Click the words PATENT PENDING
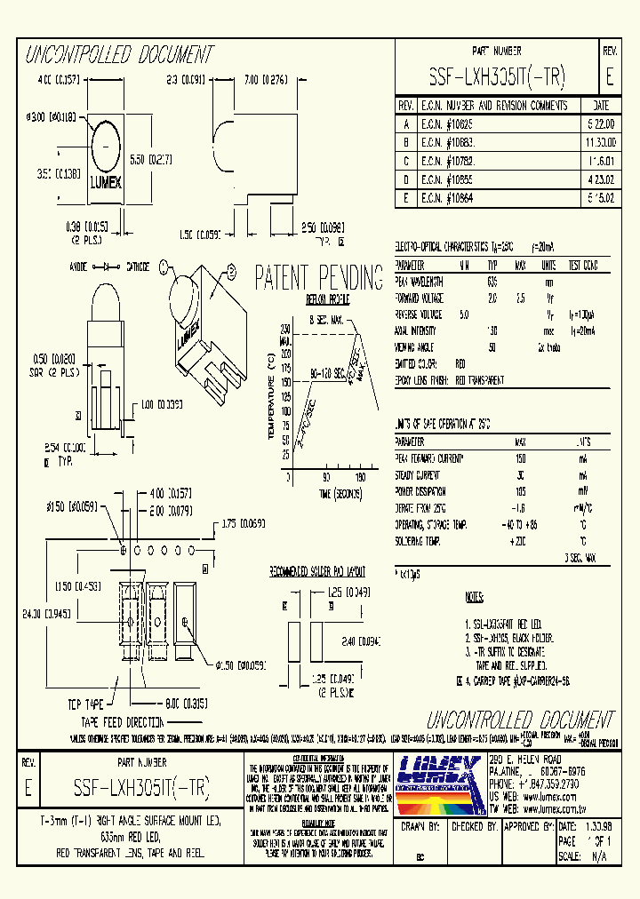pyautogui.click(x=319, y=276)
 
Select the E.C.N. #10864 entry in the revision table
pyautogui.click(x=448, y=198)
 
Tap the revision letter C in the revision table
pyautogui.click(x=405, y=161)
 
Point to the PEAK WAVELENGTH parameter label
pyautogui.click(x=421, y=282)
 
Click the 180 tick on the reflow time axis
pyautogui.click(x=360, y=477)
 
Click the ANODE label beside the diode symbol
pyautogui.click(x=82, y=267)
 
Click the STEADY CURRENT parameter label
pyautogui.click(x=420, y=475)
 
